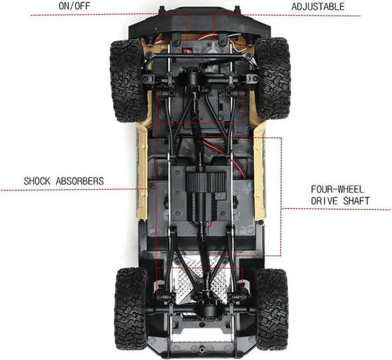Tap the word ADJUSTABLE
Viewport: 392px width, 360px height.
click(317, 7)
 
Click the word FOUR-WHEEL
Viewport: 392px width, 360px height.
click(336, 190)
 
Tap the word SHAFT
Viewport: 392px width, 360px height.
click(355, 201)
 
